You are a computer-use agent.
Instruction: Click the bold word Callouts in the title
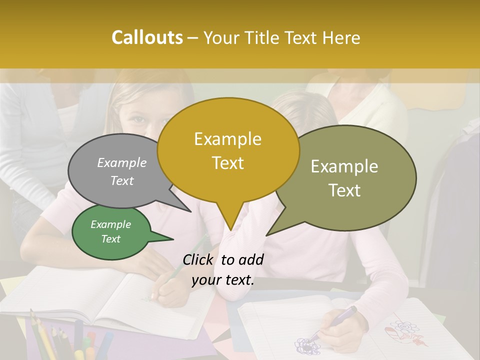coord(147,37)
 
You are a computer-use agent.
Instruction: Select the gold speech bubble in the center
coord(228,150)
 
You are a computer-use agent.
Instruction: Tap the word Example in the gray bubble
coord(122,163)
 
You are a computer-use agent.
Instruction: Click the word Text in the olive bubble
coord(345,190)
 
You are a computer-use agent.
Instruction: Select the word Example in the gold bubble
coord(227,139)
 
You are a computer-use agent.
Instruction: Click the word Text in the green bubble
coord(111,239)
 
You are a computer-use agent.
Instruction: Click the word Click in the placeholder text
coord(199,259)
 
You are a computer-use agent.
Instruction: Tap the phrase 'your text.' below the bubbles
coord(223,280)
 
